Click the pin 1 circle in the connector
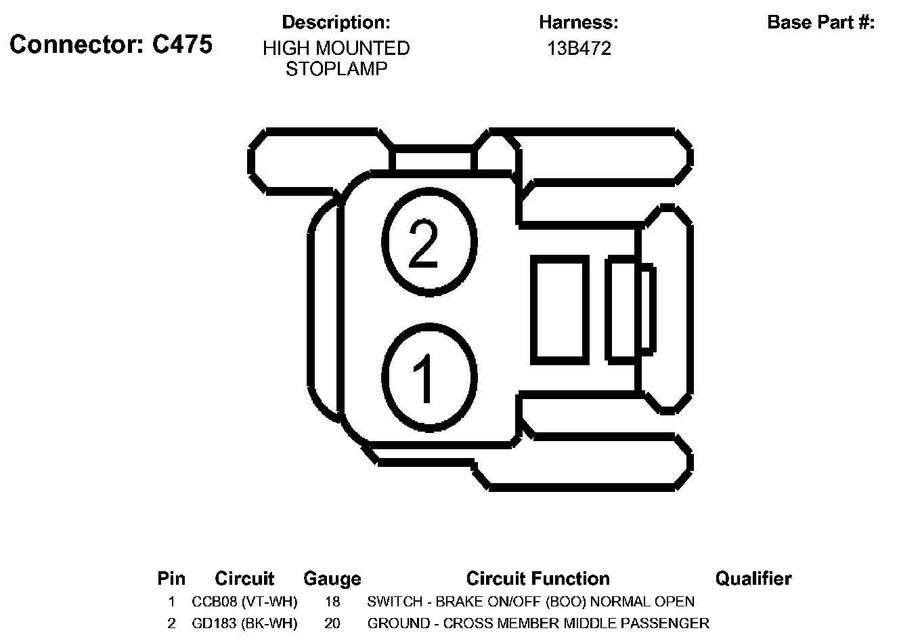429,377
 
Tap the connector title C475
111,45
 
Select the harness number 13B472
579,49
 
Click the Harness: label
579,22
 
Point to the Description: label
336,22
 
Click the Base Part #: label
820,22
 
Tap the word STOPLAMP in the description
336,69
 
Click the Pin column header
171,579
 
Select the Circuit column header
244,579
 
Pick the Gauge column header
332,579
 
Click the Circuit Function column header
538,579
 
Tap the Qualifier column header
753,579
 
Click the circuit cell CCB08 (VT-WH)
244,602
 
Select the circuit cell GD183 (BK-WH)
244,623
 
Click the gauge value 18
332,602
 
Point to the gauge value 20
332,623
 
